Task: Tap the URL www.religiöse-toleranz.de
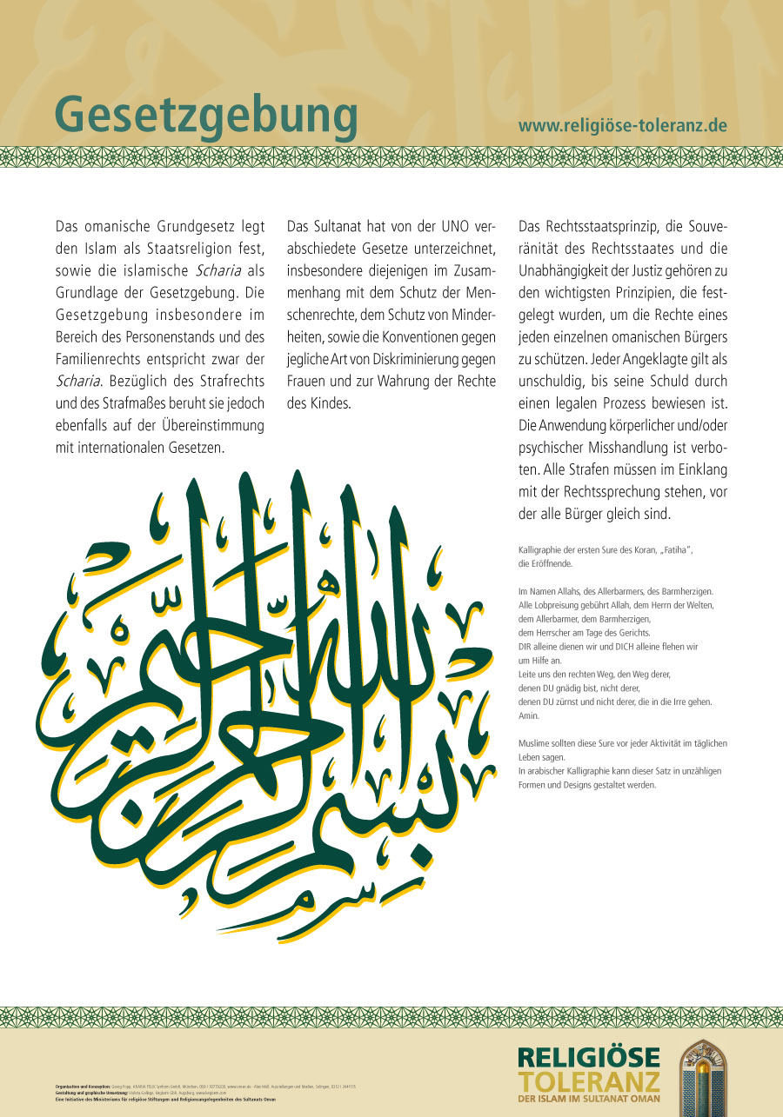pos(622,125)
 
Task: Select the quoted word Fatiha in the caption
pos(671,551)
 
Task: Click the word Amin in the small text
pos(528,715)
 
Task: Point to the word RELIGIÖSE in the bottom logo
pos(589,1058)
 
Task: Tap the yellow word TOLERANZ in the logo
pos(589,1080)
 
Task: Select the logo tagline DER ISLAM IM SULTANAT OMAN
pos(589,1099)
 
